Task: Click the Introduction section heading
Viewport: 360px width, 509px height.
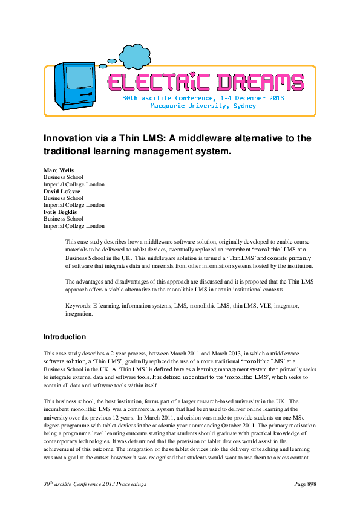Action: (65, 337)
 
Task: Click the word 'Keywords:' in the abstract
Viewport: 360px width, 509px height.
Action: (79, 306)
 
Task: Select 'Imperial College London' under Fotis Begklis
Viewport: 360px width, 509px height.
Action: (74, 226)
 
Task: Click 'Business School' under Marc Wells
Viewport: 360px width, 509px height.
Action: (64, 177)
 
